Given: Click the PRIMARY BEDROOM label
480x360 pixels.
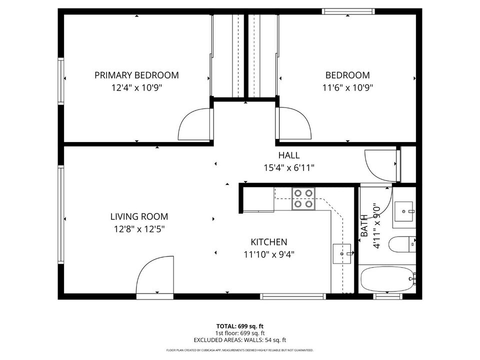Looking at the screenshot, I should (136, 75).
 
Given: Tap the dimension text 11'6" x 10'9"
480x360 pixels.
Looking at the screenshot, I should (347, 87).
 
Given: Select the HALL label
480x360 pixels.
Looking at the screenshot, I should (289, 155).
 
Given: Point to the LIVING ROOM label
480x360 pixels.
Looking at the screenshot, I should (139, 216).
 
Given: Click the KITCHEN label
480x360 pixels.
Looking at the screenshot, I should (268, 241).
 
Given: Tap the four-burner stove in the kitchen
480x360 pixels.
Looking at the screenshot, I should (303, 197).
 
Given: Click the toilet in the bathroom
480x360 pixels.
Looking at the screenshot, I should (402, 244).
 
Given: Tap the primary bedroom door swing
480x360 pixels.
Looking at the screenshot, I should (195, 124).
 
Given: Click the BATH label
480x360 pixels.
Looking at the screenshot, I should (364, 225).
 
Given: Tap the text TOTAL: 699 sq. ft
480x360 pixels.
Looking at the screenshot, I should (239, 325).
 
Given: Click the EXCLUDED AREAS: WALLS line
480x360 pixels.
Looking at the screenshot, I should (239, 339).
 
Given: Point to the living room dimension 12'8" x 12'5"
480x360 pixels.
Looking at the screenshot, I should (139, 229).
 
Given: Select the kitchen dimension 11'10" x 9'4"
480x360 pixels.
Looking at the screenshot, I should (268, 254).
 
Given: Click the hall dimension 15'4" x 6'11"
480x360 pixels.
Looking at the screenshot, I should (289, 168).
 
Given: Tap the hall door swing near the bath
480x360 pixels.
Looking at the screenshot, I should (381, 165).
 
